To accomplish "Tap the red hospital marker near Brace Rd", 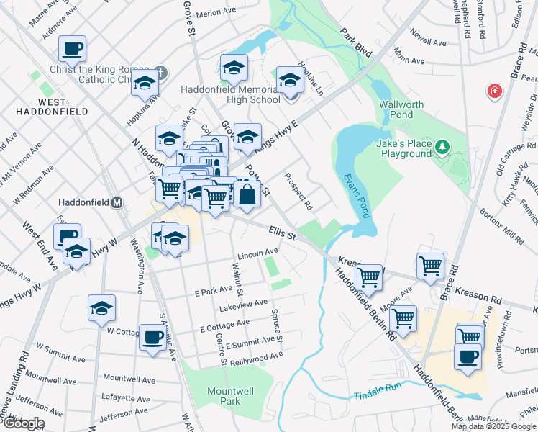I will pyautogui.click(x=494, y=91).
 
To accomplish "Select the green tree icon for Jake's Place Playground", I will pyautogui.click(x=444, y=148).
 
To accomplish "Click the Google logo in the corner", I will pyautogui.click(x=23, y=423).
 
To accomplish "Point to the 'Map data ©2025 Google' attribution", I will pyautogui.click(x=493, y=426).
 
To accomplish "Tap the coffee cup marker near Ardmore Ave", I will pyautogui.click(x=72, y=49).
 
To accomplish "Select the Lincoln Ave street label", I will pyautogui.click(x=257, y=251).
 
